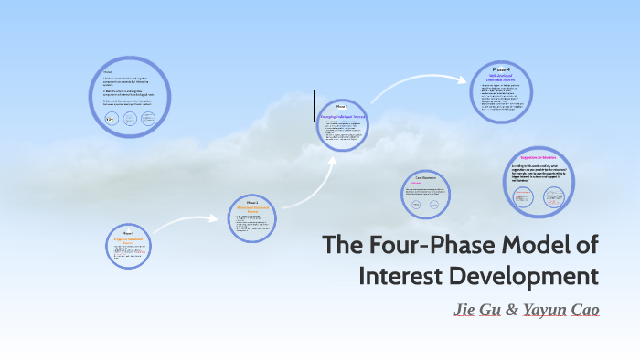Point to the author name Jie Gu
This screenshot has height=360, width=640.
pos(475,310)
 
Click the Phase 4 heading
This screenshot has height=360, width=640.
pos(501,70)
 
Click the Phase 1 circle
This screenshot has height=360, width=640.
pos(128,244)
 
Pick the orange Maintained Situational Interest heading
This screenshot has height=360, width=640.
pos(251,209)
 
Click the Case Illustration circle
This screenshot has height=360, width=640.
pos(426,194)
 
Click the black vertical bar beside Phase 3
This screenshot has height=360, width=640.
pos(315,105)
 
